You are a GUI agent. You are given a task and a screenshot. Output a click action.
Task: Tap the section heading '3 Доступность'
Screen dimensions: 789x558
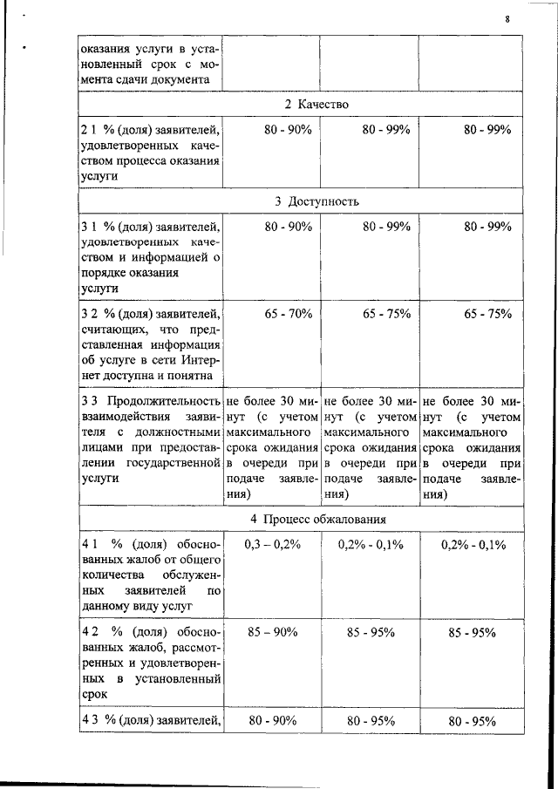[316, 201]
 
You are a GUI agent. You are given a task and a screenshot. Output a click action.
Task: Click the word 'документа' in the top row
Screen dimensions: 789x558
[180, 78]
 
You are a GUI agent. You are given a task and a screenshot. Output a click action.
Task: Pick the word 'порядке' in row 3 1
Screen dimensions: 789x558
[102, 272]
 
